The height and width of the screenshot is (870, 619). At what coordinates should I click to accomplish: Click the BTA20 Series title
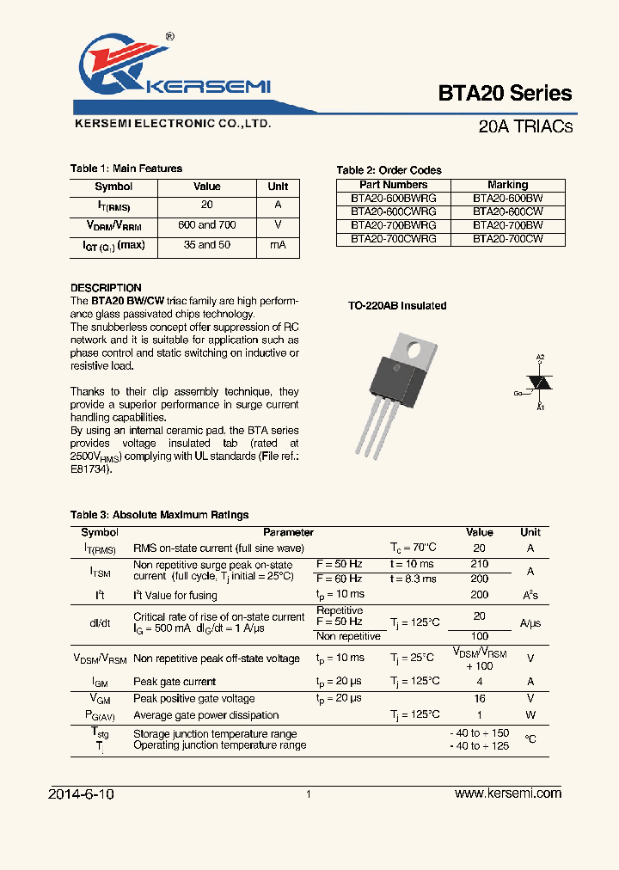click(x=505, y=93)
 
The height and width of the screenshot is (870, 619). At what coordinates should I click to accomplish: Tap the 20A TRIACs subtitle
click(x=524, y=126)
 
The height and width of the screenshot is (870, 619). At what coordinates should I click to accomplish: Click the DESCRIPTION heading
click(x=106, y=288)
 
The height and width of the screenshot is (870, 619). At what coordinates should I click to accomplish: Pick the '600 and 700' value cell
click(x=206, y=225)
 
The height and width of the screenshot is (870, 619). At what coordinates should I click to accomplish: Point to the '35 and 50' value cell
click(x=206, y=245)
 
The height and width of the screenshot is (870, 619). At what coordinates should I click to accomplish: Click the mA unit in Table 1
click(x=278, y=245)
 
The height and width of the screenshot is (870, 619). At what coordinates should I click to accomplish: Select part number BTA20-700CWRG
click(x=393, y=239)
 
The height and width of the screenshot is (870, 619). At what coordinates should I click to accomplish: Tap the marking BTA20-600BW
click(x=507, y=198)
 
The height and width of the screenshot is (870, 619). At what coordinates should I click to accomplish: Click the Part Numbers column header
click(x=393, y=185)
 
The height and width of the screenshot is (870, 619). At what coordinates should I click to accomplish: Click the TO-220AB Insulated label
click(x=396, y=306)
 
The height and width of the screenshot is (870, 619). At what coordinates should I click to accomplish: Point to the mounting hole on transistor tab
click(x=414, y=349)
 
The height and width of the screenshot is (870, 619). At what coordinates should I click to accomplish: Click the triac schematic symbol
click(x=539, y=382)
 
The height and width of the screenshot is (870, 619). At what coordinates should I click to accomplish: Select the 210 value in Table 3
click(x=479, y=564)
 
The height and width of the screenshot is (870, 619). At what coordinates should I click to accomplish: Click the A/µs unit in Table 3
click(x=530, y=623)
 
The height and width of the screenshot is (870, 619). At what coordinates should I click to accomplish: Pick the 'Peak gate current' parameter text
click(x=175, y=682)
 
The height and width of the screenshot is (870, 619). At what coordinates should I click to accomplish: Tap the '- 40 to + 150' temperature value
click(x=479, y=733)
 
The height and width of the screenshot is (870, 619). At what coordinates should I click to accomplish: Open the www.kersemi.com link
click(x=507, y=793)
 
